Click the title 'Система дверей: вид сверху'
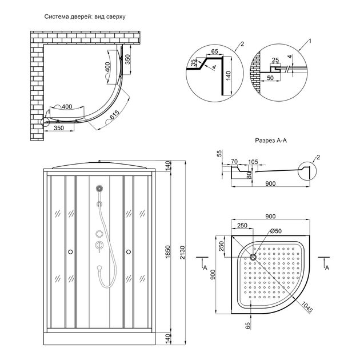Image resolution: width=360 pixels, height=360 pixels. tap(85, 17)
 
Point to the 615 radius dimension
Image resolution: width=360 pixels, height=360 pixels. tap(114, 117)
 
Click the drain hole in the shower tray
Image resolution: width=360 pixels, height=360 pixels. tap(253, 257)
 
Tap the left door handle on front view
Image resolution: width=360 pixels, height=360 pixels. tap(70, 251)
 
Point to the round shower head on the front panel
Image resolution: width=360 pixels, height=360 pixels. tap(99, 188)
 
